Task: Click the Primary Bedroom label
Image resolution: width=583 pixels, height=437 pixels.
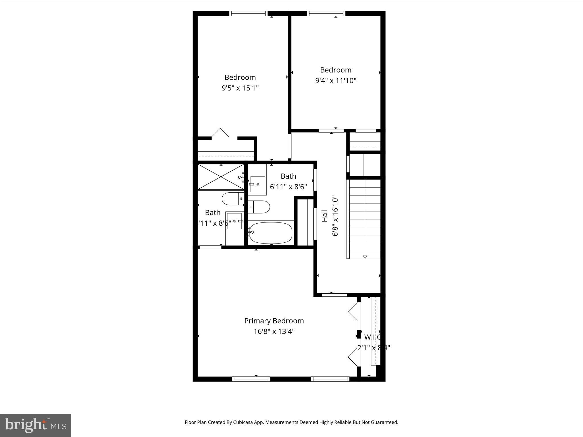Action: [274, 321]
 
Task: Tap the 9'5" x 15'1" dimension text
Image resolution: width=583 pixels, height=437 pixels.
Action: [240, 88]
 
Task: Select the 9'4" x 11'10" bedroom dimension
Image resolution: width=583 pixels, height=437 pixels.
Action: [336, 81]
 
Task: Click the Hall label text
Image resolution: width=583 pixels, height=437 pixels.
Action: [325, 216]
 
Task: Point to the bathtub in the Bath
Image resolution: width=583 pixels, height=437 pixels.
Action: [271, 233]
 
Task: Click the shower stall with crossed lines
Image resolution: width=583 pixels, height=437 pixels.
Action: [221, 177]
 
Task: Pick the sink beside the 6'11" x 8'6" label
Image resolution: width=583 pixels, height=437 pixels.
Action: [258, 184]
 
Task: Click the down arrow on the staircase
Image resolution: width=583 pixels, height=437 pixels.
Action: [365, 257]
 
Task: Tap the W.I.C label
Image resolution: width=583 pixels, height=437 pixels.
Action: [373, 337]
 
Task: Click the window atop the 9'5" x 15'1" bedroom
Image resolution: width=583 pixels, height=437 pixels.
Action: [249, 13]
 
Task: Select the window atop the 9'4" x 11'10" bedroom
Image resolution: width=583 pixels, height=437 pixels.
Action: [326, 13]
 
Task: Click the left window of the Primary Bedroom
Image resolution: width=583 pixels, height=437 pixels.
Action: [251, 379]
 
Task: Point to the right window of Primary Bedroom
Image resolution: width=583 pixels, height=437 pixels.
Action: [330, 379]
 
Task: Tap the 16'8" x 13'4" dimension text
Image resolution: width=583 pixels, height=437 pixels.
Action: [274, 331]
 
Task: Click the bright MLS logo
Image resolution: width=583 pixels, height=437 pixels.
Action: [36, 425]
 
